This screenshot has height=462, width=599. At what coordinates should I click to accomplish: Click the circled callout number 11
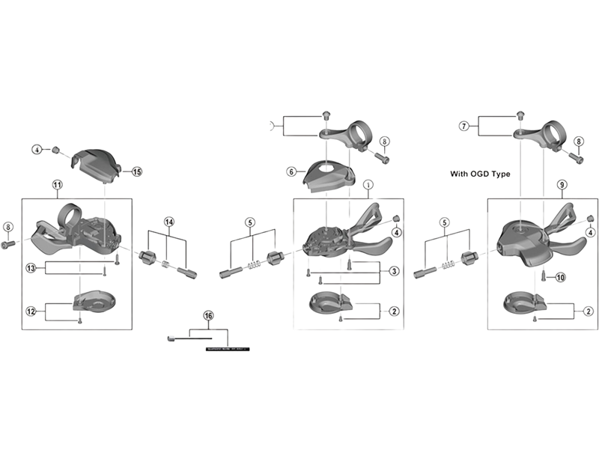(x=58, y=184)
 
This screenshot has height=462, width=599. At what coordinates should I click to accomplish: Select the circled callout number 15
(x=136, y=171)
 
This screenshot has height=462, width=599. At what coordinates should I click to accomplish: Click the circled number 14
(x=169, y=222)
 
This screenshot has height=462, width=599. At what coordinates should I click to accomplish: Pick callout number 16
(x=209, y=316)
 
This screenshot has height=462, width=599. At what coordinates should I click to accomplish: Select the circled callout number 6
(x=291, y=171)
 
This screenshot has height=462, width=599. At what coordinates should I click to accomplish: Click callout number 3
(x=395, y=270)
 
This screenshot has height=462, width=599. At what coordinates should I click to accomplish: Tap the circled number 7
(x=463, y=127)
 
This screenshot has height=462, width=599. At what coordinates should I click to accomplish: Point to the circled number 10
(x=561, y=277)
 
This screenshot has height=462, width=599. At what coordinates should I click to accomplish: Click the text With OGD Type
(x=480, y=173)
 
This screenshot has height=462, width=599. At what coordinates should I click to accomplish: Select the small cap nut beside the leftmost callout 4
(x=54, y=150)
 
